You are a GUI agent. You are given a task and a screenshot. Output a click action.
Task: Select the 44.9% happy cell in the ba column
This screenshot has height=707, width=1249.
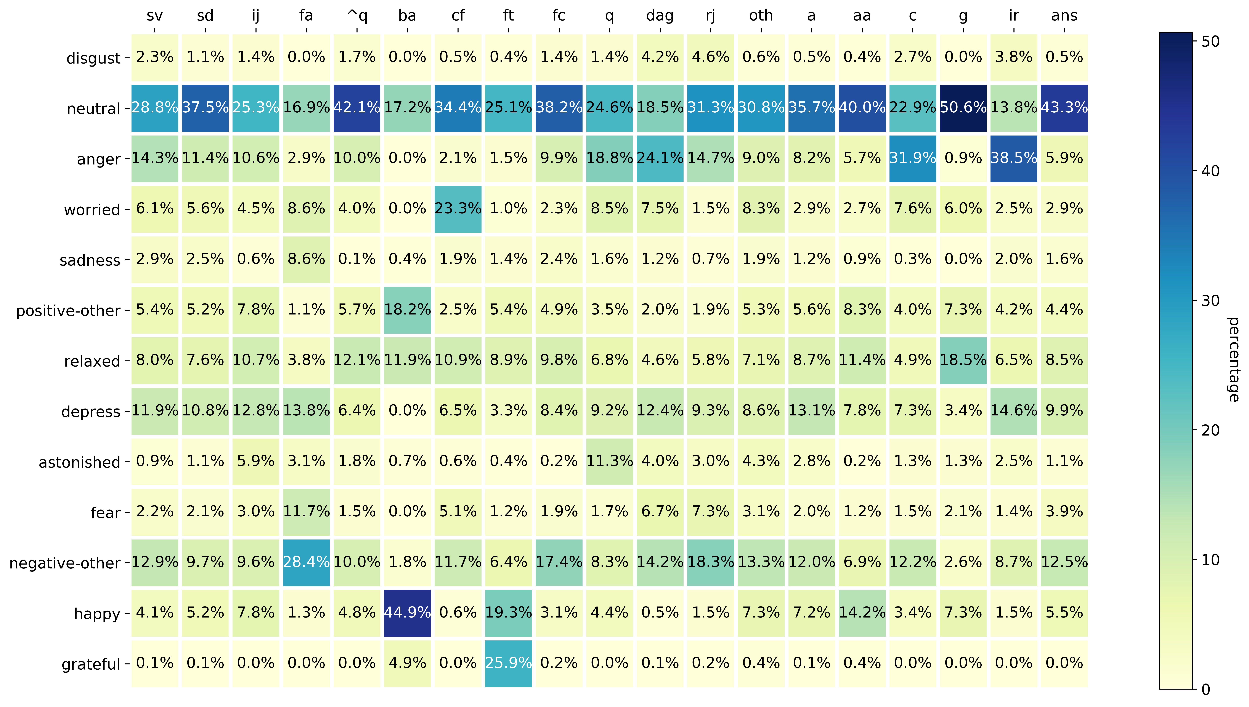[407, 613]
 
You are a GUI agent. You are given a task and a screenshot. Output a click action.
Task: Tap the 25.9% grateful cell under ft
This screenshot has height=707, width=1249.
[508, 663]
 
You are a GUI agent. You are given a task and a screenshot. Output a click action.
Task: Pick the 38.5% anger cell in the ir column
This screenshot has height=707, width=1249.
[1013, 158]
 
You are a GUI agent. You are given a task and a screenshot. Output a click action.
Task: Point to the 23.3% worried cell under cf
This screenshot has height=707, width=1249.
[458, 209]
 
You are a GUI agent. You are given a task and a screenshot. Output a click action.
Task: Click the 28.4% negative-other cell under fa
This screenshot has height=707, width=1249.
[306, 562]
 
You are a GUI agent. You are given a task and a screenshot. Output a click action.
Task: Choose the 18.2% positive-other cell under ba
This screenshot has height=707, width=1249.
[407, 310]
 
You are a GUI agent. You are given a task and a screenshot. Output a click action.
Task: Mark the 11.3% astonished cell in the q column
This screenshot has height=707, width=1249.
[609, 461]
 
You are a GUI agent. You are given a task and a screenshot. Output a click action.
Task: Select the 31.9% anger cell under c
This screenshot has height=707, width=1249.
[912, 158]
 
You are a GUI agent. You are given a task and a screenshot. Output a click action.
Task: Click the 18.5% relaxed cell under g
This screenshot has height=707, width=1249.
[963, 360]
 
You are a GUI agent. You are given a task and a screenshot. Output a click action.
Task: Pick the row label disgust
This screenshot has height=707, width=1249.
[93, 58]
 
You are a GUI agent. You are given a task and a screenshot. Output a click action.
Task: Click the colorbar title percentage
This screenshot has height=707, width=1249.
[1233, 359]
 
